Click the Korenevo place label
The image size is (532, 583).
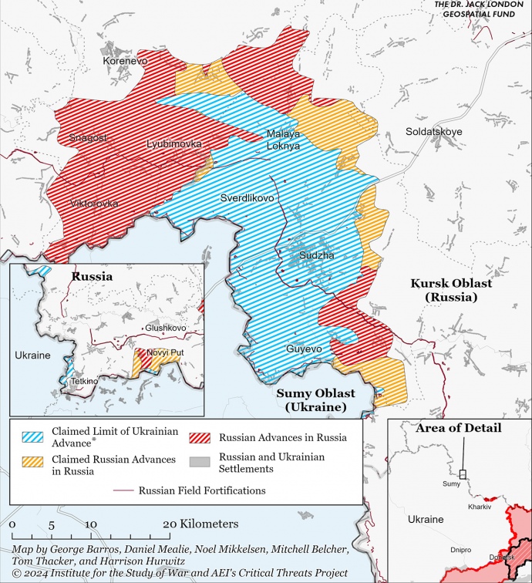(x=126, y=60)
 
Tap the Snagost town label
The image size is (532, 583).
(x=88, y=138)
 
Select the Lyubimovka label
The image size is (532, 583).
(x=174, y=144)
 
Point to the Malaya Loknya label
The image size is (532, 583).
(x=283, y=140)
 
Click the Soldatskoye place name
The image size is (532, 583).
(x=434, y=132)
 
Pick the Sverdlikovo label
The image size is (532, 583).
(x=247, y=198)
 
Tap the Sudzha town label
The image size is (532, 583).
(x=318, y=254)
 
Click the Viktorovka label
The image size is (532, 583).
(x=94, y=204)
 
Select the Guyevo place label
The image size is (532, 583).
(x=303, y=349)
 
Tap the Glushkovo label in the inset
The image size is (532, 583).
(x=166, y=328)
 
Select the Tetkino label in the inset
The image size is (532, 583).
(x=85, y=381)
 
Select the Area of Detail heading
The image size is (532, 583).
(x=458, y=428)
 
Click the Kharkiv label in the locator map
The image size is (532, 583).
(x=479, y=507)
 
